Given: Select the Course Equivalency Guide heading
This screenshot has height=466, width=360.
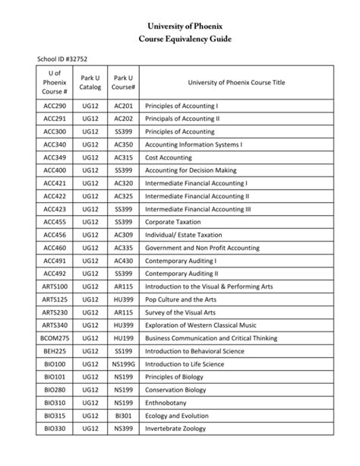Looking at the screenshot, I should [x=179, y=38].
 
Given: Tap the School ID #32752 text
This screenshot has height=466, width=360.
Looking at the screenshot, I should [x=69, y=59].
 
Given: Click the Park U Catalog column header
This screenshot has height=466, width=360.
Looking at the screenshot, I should [x=90, y=83].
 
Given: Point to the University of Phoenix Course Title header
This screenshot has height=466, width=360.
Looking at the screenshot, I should [x=236, y=83].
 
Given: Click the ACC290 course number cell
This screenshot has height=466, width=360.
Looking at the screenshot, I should [x=55, y=106].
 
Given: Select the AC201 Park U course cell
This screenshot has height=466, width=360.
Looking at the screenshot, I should [x=123, y=106].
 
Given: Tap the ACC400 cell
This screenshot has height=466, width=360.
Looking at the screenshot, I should [x=55, y=170].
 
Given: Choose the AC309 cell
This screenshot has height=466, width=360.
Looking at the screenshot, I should [x=123, y=234].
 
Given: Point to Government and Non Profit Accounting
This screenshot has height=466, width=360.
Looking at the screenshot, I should [x=203, y=247].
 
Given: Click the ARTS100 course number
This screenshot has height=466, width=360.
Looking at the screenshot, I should [x=55, y=286].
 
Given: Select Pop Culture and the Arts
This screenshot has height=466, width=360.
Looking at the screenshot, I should [x=181, y=299].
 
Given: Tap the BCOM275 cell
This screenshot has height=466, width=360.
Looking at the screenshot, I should [x=55, y=338].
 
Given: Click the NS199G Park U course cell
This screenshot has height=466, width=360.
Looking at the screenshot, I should [x=123, y=363].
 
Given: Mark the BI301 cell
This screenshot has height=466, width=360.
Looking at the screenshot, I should [x=123, y=415].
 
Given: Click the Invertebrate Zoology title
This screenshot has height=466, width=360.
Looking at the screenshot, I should [x=175, y=428].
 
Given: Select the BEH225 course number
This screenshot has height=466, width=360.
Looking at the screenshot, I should [x=55, y=350].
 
